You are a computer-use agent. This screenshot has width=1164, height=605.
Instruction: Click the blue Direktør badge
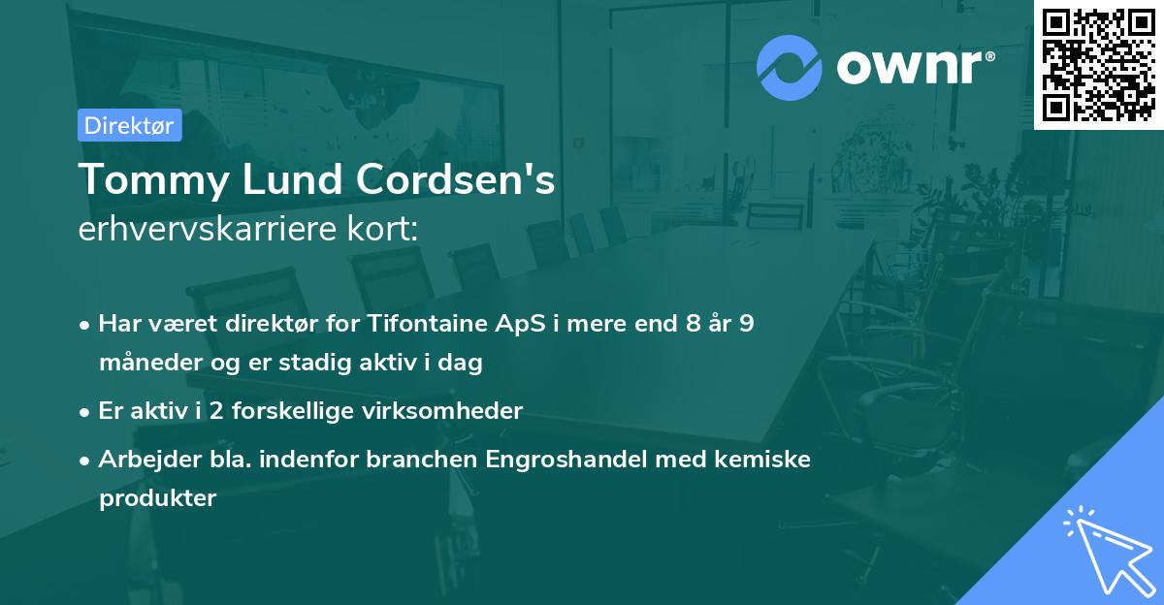129,125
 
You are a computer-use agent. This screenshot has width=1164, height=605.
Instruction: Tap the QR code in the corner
1099,64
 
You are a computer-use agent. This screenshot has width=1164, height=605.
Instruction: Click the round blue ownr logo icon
790,67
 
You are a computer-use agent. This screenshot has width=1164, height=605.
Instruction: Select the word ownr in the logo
913,67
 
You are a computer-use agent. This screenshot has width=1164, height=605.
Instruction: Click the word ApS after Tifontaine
515,324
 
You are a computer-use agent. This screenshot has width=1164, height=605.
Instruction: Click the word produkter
157,499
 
